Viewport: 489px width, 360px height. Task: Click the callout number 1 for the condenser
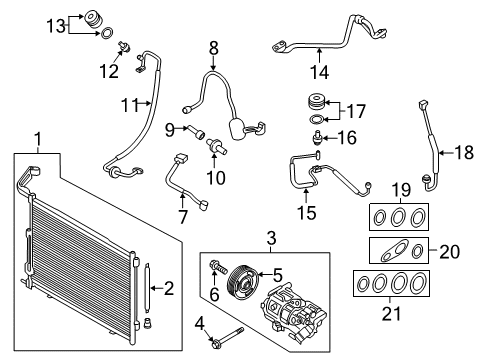(37, 138)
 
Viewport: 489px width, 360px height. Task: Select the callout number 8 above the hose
(211, 46)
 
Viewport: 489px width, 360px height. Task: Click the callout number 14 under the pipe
(319, 71)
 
